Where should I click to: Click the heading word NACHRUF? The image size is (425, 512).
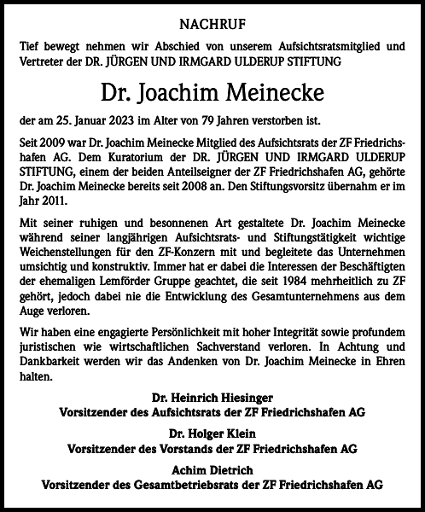[212, 25]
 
